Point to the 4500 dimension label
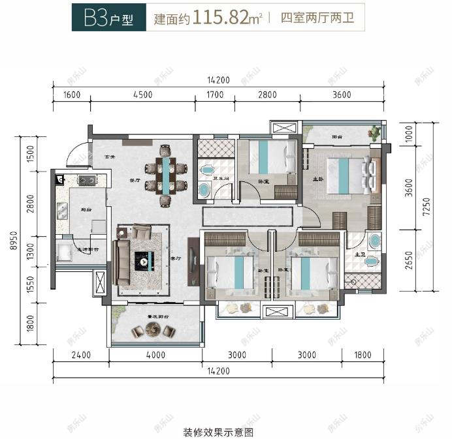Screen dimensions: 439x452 pyautogui.click(x=142, y=95)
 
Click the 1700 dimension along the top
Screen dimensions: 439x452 pyautogui.click(x=214, y=95)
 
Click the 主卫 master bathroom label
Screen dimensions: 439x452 pyautogui.click(x=358, y=256)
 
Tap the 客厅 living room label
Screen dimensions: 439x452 pyautogui.click(x=175, y=258)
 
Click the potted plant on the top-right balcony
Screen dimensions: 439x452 pyautogui.click(x=374, y=133)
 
